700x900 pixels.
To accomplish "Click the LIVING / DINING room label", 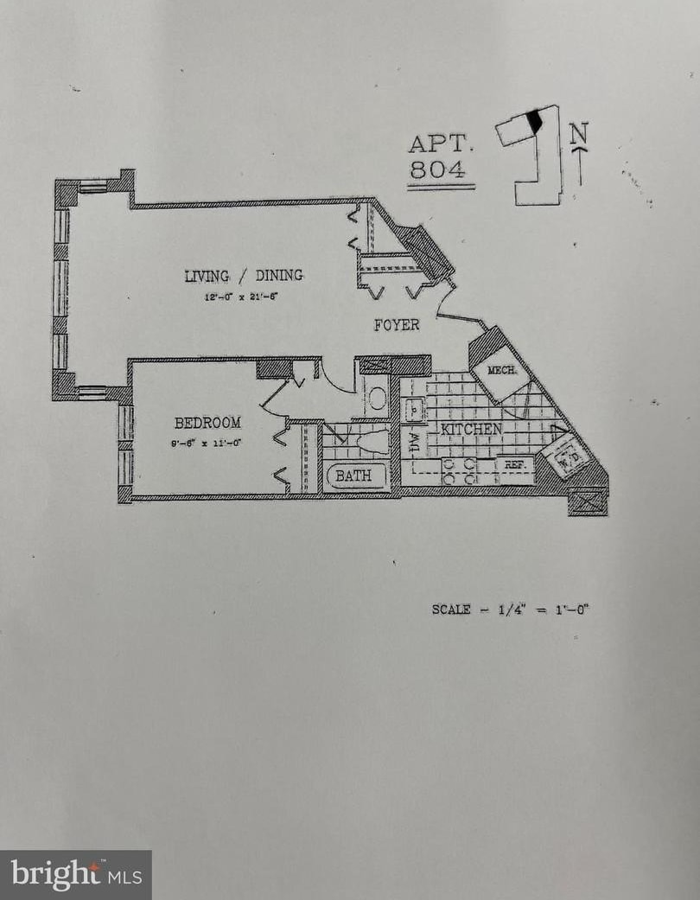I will point(244,276).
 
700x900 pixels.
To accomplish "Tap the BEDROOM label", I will point(207,423).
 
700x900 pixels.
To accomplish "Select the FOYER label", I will point(397,325).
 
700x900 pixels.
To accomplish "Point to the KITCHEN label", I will point(472,429).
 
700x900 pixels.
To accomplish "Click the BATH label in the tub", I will point(353,476).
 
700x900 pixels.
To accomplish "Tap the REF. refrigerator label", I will point(516,465).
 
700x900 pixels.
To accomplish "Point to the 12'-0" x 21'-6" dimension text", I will point(243,297).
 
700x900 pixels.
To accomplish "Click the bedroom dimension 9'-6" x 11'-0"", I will point(207,444).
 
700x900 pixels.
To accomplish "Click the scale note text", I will point(511,610).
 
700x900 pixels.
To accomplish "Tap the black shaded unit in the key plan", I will point(535,122).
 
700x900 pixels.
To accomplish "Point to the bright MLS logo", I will point(76,875).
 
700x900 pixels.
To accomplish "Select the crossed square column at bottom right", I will point(588,502).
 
